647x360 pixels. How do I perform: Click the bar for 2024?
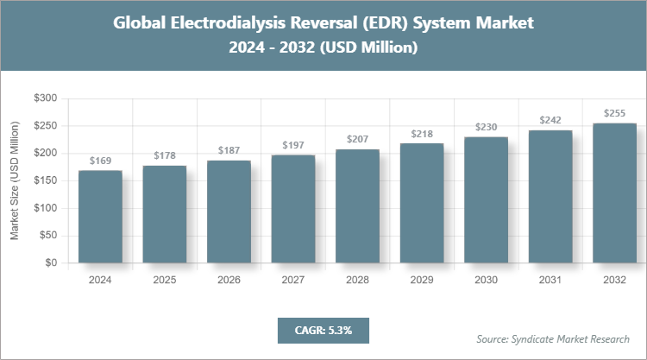tap(100, 217)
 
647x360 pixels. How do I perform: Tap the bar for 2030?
tap(486, 199)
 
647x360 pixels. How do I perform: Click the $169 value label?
tap(100, 161)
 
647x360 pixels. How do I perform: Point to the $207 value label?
tap(357, 140)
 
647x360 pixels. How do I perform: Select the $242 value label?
tap(550, 121)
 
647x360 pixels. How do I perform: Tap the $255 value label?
tap(614, 114)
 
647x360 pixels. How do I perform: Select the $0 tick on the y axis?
tap(51, 262)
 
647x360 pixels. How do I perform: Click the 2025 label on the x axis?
tap(164, 280)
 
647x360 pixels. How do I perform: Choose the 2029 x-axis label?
tap(422, 280)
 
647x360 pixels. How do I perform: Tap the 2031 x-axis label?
tap(550, 280)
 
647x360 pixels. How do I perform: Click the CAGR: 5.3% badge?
tap(323, 330)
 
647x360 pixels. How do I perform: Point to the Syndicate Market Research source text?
tap(553, 338)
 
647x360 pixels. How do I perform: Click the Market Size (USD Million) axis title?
tap(15, 180)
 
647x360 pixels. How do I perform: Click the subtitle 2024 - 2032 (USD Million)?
tap(323, 48)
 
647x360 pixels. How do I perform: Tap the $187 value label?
tap(229, 151)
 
